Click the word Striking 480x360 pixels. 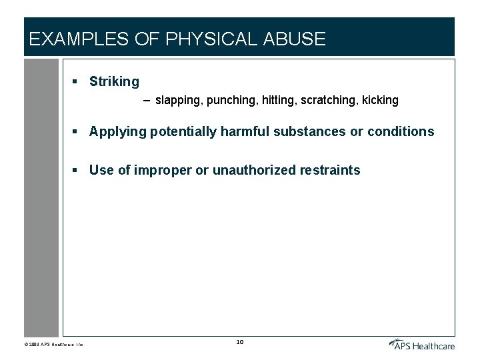click(114, 82)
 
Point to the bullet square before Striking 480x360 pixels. click(76, 81)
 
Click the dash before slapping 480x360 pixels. click(147, 101)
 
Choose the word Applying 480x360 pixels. click(117, 132)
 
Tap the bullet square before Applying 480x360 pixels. click(76, 131)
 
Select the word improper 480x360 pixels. click(163, 171)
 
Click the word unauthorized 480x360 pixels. click(244, 170)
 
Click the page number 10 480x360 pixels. click(240, 343)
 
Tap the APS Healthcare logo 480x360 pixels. click(422, 344)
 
